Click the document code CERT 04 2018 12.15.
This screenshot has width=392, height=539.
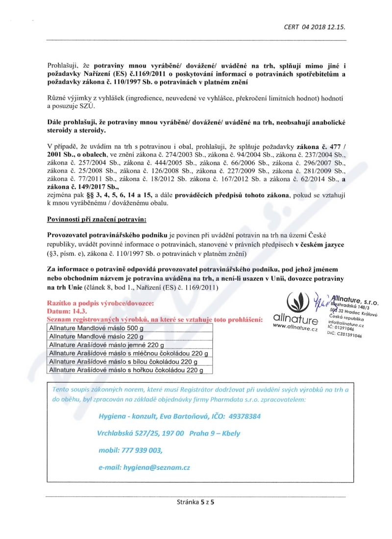point(317,27)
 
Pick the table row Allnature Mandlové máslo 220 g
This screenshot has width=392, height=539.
point(96,337)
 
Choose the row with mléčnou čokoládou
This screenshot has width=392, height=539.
point(128,353)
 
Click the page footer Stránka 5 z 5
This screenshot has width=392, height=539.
point(196,502)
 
